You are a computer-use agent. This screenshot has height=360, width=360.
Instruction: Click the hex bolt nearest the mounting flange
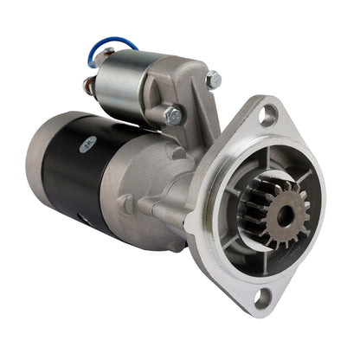(213, 80)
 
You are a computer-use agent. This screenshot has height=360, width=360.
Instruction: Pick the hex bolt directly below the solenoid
(172, 114)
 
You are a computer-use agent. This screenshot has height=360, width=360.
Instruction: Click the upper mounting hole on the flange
(269, 111)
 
